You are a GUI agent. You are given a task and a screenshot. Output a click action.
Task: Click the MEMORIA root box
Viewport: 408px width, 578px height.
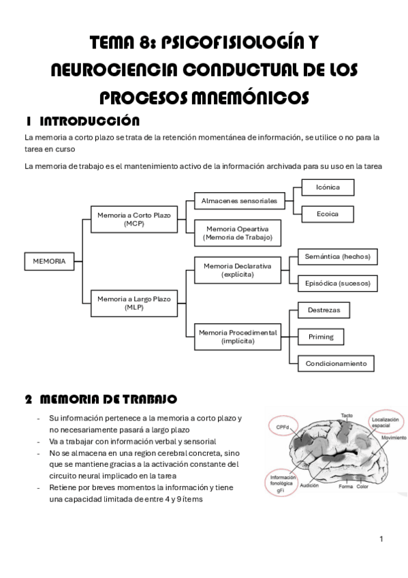click(49, 261)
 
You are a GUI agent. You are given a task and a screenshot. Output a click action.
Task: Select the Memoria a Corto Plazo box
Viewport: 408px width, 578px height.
click(125, 219)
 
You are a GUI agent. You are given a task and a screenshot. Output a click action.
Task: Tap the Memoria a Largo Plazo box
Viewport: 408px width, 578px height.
click(125, 303)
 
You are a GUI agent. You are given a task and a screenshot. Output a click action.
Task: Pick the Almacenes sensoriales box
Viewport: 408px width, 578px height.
click(239, 201)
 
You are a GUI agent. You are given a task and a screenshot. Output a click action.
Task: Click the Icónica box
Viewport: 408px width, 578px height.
click(328, 187)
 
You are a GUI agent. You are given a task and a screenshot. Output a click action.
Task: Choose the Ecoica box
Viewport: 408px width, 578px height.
click(328, 214)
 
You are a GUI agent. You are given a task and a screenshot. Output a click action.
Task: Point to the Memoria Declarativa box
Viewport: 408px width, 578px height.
click(238, 270)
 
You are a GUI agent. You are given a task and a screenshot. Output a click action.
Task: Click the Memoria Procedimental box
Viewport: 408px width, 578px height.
click(238, 337)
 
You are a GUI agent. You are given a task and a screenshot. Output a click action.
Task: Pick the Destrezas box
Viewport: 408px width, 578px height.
click(324, 310)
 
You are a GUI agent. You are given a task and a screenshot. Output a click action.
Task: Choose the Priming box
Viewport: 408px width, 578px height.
click(320, 337)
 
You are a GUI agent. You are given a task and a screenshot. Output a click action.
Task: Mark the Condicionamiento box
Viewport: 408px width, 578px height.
click(336, 363)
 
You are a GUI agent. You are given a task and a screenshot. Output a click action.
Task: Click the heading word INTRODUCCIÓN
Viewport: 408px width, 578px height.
click(90, 121)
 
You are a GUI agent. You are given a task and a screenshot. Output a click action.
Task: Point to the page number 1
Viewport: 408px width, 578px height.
click(381, 539)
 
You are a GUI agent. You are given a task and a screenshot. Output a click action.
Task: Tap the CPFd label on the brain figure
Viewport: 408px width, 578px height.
click(283, 426)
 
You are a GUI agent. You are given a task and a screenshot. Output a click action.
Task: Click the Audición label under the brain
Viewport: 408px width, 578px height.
click(310, 486)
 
